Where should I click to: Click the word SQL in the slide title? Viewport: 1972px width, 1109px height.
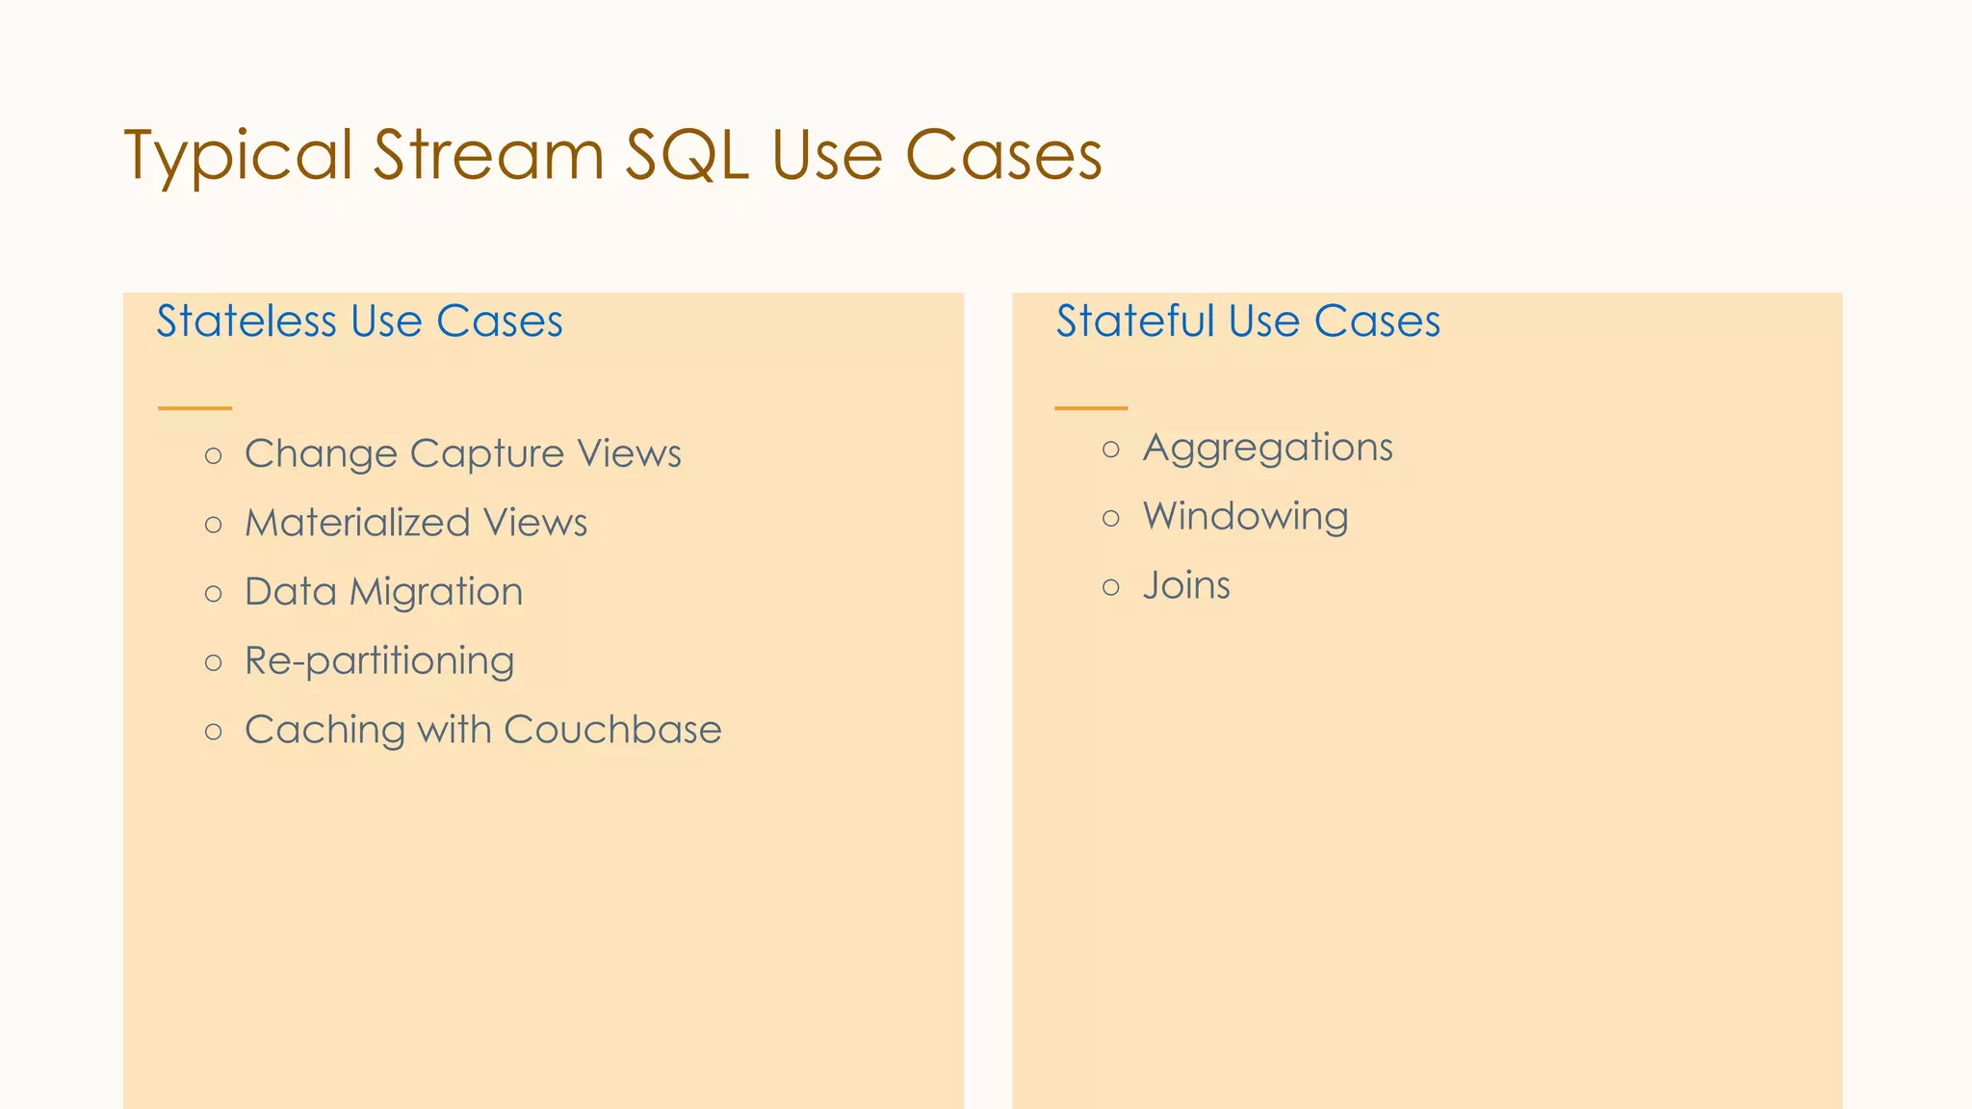[687, 155]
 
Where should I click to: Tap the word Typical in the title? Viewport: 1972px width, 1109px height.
[238, 157]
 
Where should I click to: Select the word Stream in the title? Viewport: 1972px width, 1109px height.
[488, 155]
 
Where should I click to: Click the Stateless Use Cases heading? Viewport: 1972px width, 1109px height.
[359, 322]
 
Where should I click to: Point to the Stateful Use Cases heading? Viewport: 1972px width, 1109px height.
[1248, 322]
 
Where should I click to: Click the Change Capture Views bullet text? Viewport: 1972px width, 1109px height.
[462, 453]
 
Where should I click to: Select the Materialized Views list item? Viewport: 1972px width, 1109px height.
[415, 523]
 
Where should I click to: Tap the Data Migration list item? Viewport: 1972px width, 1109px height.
[383, 592]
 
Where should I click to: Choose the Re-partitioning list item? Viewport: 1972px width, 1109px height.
[379, 661]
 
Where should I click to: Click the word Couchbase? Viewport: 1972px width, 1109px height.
[612, 730]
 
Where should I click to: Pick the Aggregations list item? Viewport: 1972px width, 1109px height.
[1267, 448]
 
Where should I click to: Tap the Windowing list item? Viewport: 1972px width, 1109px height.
[1245, 517]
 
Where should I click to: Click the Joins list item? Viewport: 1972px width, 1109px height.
[1186, 585]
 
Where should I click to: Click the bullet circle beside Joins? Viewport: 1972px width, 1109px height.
[1111, 587]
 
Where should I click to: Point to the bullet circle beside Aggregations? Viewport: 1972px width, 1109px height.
[1111, 450]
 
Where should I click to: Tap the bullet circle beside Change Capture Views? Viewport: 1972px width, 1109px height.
[214, 455]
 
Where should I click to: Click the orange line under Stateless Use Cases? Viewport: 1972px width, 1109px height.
[195, 408]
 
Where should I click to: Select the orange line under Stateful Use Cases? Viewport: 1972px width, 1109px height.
[1091, 408]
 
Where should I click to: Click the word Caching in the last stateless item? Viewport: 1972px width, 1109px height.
[324, 731]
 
